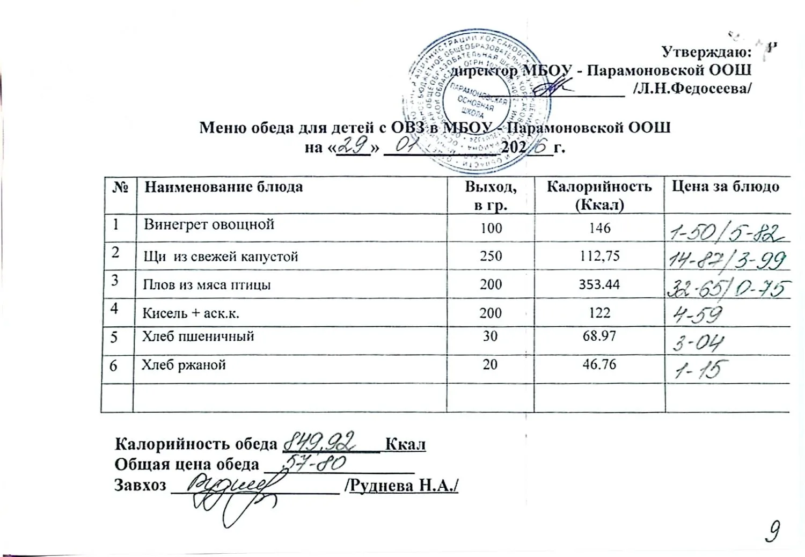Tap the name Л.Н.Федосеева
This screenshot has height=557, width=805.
coord(692,89)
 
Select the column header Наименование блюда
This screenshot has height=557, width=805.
coord(224,187)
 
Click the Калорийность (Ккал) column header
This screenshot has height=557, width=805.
coord(599,195)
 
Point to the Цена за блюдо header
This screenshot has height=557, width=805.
coord(726,187)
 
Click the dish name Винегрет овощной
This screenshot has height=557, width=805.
coord(209,224)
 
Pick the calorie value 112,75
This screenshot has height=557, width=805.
coord(599,256)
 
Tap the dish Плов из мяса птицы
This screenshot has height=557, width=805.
coord(207,284)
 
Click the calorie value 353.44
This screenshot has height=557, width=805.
coord(599,284)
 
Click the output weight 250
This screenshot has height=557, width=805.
coord(491,256)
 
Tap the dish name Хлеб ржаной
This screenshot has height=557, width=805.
coord(184,365)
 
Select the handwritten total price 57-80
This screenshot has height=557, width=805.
coord(310,463)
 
